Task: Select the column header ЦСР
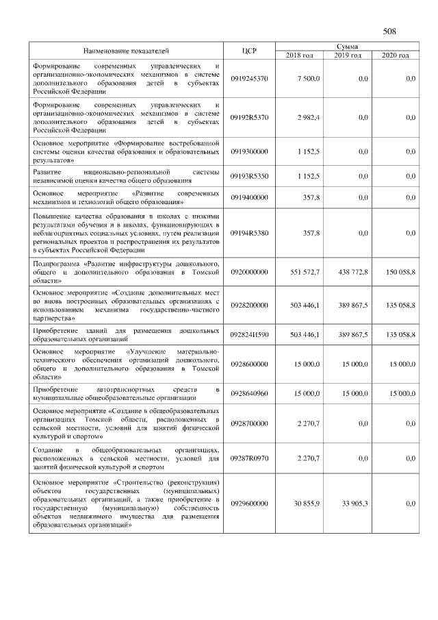(249, 51)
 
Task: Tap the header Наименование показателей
(126, 51)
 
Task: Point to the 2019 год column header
(348, 55)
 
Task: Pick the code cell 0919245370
(249, 79)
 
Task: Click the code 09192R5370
(249, 117)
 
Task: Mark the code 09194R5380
(249, 233)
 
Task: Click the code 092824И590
(249, 334)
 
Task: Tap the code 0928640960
(249, 394)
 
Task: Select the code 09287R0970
(249, 458)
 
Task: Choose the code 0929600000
(249, 504)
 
